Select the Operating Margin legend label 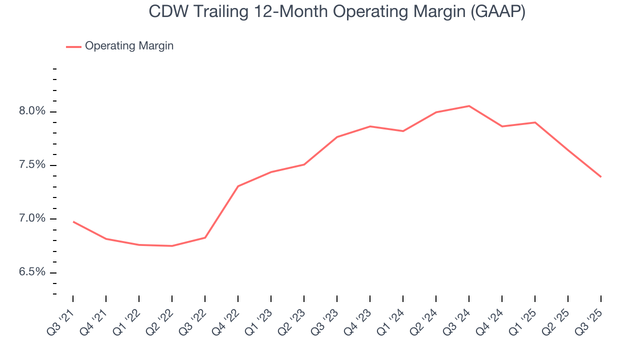pos(129,46)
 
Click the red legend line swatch pos(73,46)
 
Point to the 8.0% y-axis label pos(32,111)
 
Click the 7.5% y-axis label pos(32,165)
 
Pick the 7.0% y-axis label pos(32,219)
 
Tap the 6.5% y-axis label pos(32,272)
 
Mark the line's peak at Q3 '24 pos(469,106)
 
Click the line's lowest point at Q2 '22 pos(172,246)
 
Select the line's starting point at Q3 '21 pos(73,221)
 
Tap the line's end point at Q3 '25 pos(600,177)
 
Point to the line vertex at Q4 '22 pos(238,186)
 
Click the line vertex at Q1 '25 pos(535,122)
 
